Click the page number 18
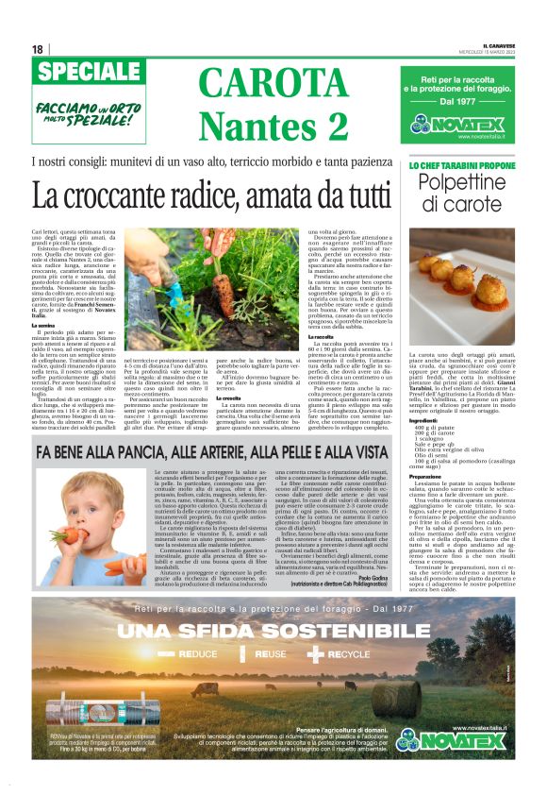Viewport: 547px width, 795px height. click(38, 49)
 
